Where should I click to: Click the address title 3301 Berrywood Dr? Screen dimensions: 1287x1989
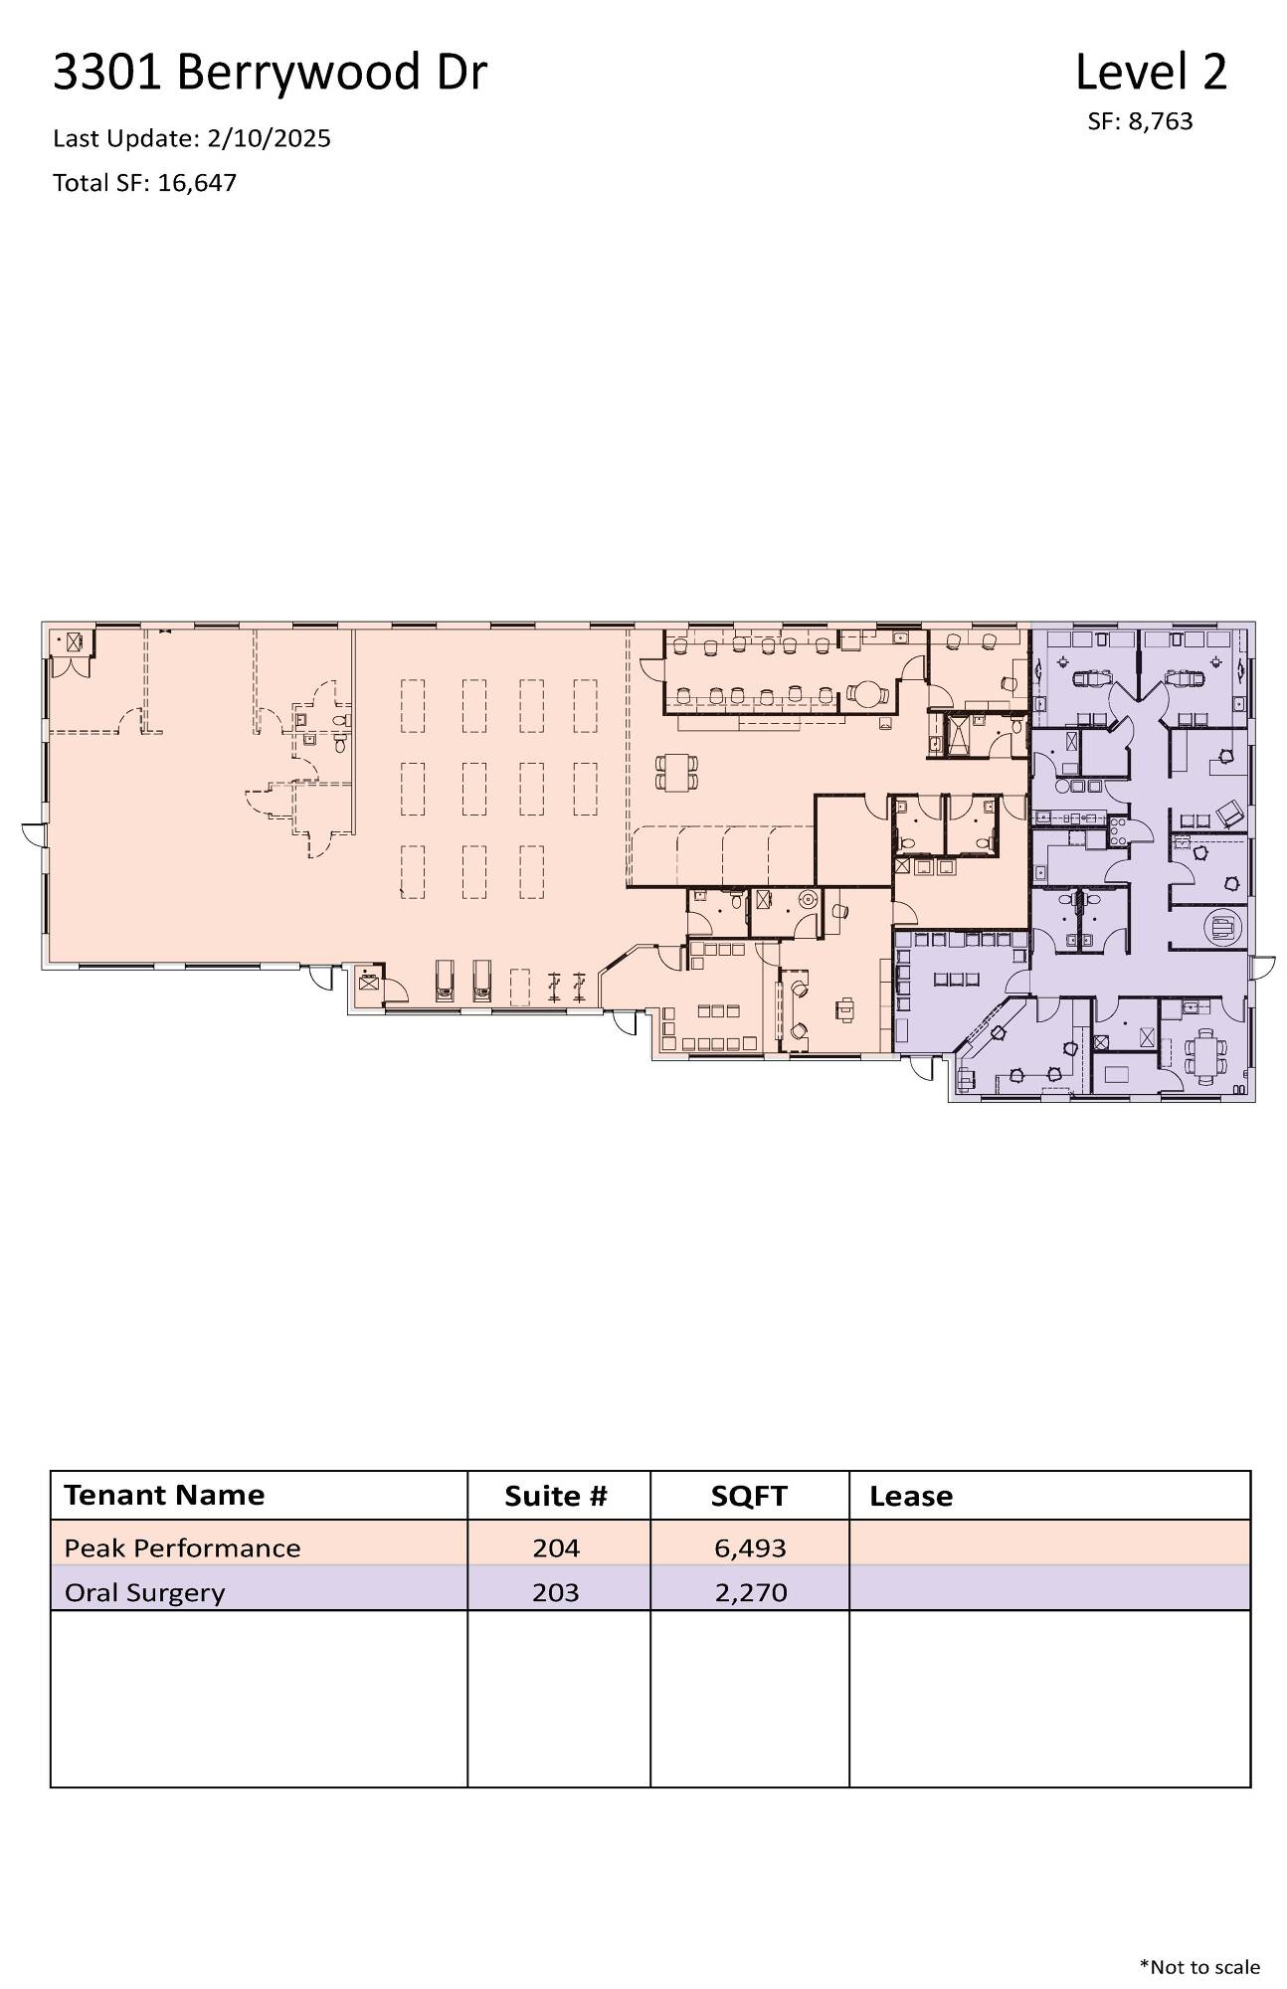tap(270, 73)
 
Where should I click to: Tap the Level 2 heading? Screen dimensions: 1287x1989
tap(1151, 72)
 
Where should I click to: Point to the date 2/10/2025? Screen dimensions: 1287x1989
tap(269, 138)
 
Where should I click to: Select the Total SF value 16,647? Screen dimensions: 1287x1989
tap(197, 183)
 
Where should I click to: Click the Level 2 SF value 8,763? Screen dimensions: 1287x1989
tap(1160, 122)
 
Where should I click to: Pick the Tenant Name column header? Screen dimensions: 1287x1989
tap(164, 1495)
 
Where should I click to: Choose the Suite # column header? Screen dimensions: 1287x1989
tap(555, 1496)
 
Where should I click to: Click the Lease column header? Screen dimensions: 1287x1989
tap(911, 1496)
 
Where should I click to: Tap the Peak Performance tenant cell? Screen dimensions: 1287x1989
tap(182, 1547)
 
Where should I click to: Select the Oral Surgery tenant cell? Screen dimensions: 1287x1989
tap(145, 1592)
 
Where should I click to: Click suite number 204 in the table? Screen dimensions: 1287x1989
tap(556, 1547)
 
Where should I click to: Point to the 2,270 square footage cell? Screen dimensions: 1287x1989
tap(751, 1592)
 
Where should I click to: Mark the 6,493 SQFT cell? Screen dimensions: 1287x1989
tap(751, 1547)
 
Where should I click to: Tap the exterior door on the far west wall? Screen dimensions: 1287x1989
tap(33, 834)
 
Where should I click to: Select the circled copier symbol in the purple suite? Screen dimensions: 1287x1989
tap(1221, 928)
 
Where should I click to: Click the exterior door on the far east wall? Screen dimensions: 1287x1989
tap(1262, 968)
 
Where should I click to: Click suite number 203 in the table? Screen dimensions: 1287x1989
tap(556, 1592)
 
